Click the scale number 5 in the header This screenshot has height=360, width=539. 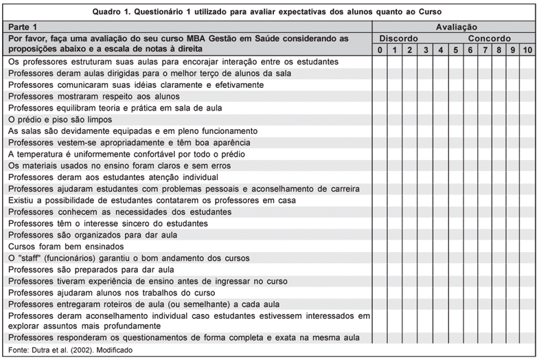455,50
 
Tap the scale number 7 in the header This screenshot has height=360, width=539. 485,50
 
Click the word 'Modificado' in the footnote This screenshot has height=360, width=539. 114,350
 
